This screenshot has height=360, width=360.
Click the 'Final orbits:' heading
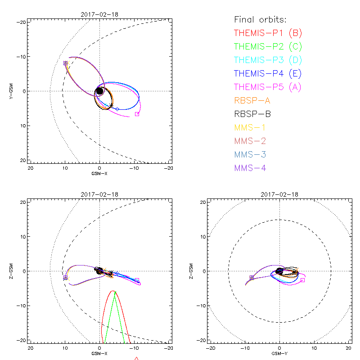coord(261,19)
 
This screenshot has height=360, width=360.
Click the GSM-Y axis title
coord(279,353)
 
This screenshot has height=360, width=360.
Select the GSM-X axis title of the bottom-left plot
coord(99,353)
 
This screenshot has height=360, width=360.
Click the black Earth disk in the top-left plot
coord(99,91)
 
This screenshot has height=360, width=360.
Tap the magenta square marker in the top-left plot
coord(137,114)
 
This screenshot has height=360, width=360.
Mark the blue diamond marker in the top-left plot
coord(117,109)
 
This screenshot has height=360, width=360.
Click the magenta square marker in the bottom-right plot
coord(302,280)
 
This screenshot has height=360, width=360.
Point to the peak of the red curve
coord(112,291)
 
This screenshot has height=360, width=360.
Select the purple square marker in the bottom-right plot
coord(251,278)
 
